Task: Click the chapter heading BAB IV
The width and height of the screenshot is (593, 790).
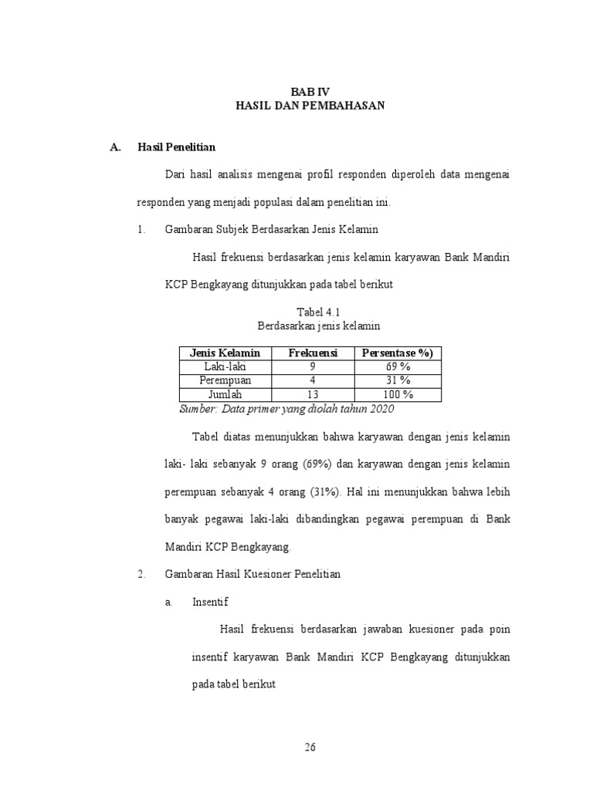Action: tap(310, 91)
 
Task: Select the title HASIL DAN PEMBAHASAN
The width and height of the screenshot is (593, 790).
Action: tap(310, 105)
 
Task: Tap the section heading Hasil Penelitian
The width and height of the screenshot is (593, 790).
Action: tap(176, 147)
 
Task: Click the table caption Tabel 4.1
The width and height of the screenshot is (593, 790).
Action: tap(313, 311)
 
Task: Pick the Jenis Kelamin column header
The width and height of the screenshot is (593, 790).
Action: tap(225, 353)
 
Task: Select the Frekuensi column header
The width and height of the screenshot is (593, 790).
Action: tap(313, 353)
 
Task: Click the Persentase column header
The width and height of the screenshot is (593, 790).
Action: tap(397, 353)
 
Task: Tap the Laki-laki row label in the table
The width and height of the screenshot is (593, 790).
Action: tap(225, 366)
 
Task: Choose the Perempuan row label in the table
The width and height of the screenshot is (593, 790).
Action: tap(225, 380)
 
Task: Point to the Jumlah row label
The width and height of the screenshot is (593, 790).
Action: tap(225, 394)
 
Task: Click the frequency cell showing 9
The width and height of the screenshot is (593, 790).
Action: tap(313, 366)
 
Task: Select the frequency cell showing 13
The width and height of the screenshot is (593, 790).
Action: tap(313, 394)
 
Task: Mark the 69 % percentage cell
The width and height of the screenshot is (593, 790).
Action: tap(397, 366)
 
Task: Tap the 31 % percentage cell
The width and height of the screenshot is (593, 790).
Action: tap(397, 380)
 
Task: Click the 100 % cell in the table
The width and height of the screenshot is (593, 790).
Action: tap(397, 394)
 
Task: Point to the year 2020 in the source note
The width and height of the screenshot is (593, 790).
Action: tap(381, 408)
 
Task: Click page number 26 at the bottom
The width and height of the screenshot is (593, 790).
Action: tap(310, 747)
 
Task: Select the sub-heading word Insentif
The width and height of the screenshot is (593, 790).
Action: tap(210, 602)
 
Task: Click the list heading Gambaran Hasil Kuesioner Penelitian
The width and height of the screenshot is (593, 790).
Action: tap(252, 575)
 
